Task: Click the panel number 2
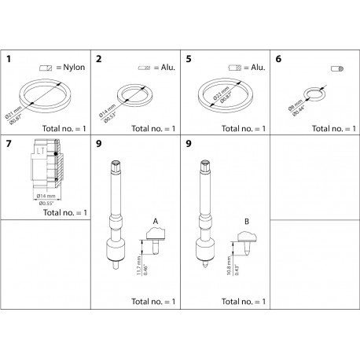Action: coord(98,59)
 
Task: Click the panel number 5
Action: coord(188,59)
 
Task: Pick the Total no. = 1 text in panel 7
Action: coord(65,212)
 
